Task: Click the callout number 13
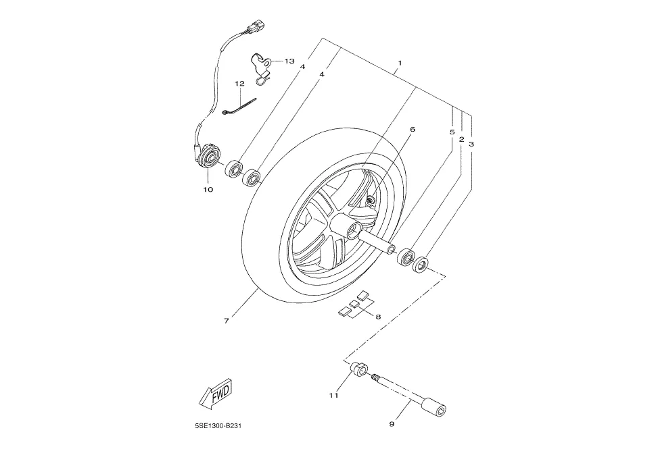289,61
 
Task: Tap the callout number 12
239,84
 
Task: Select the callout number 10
208,189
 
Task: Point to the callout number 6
412,130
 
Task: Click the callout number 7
227,321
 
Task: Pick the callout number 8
378,317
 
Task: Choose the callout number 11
333,395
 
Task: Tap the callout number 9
392,424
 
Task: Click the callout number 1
400,63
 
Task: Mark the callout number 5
452,132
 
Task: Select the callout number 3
471,144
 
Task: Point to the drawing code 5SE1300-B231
218,426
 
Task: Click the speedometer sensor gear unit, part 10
208,157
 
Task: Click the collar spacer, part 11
359,370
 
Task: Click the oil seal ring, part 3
421,265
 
